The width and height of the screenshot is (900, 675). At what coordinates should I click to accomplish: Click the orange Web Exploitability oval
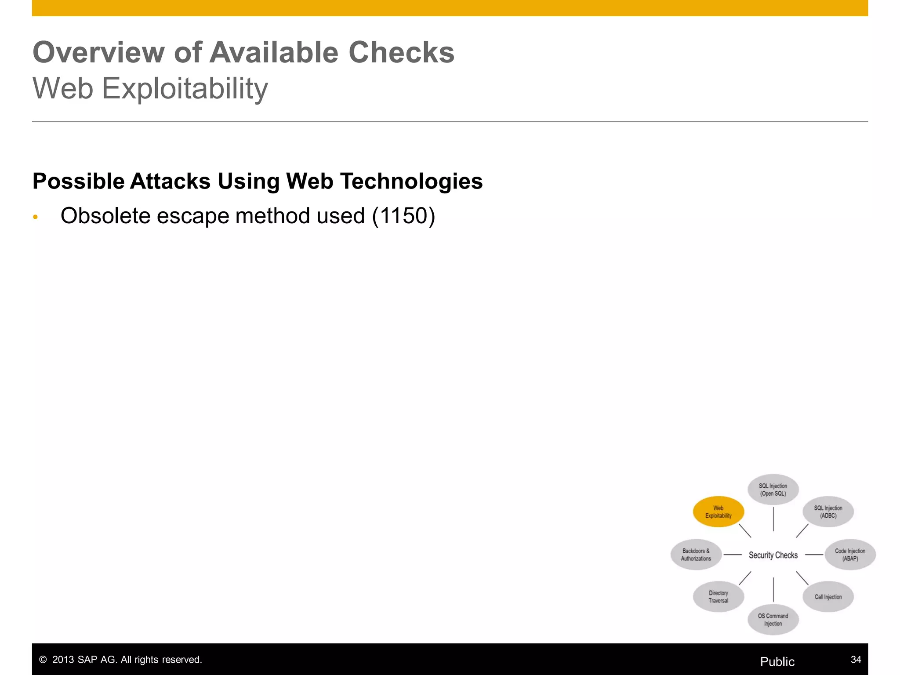click(x=718, y=512)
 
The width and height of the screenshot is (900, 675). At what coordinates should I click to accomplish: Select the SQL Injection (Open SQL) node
click(x=773, y=490)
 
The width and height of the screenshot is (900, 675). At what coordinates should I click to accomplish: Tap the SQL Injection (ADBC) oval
click(x=828, y=512)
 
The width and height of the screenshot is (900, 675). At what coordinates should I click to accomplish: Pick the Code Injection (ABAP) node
click(x=850, y=555)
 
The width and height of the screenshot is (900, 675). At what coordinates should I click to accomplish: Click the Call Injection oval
click(x=828, y=597)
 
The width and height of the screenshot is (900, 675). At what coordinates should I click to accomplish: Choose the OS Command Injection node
click(x=773, y=620)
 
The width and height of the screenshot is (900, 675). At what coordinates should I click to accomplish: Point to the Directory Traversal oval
click(x=718, y=597)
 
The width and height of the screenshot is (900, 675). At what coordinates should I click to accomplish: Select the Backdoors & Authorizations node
click(x=696, y=555)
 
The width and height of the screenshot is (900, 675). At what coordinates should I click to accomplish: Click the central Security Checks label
click(x=773, y=555)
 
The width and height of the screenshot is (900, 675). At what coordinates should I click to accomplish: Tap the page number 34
click(x=856, y=659)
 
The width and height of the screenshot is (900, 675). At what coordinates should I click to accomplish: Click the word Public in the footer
click(x=777, y=662)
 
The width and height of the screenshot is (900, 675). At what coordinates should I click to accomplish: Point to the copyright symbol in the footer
click(x=43, y=660)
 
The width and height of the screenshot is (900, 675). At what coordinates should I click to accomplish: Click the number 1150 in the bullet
click(x=403, y=216)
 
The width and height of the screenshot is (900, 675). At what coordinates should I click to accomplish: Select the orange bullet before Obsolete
click(x=36, y=218)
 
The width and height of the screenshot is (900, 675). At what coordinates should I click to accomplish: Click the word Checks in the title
click(x=401, y=52)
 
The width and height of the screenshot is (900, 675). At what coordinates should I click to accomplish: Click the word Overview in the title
click(x=99, y=52)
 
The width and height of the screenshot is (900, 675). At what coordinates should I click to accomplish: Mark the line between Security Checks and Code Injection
click(x=814, y=555)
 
